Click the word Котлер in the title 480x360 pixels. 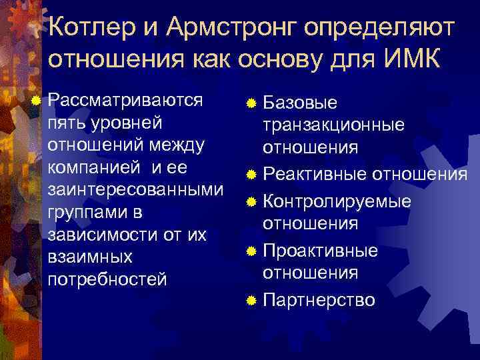[x=93, y=27]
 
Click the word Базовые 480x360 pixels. [x=301, y=103]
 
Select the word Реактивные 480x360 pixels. [x=315, y=175]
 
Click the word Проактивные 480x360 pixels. [x=321, y=251]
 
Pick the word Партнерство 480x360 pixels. [x=319, y=300]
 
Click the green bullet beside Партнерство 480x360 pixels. [x=251, y=301]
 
